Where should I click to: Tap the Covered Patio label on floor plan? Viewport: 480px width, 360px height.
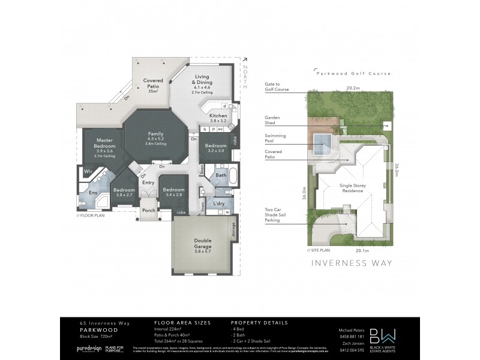coord(153,83)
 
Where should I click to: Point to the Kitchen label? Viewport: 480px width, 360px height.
coord(218,115)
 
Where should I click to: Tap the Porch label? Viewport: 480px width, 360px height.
coord(148,210)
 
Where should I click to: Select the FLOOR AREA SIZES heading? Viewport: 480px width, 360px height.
coord(182,322)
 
